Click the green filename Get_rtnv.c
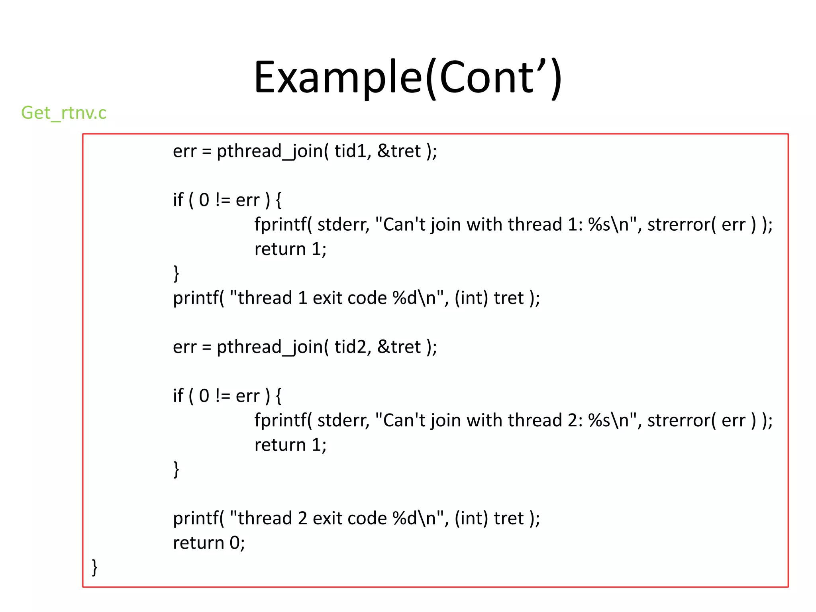point(64,113)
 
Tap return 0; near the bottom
point(209,543)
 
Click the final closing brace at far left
point(95,567)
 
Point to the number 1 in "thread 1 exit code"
point(302,298)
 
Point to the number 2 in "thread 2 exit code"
point(302,518)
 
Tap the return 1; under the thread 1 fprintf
point(290,249)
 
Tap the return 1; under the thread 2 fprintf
point(290,445)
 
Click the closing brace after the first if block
point(176,274)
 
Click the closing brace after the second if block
point(176,469)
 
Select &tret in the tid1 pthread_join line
point(399,151)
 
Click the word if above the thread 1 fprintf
point(178,200)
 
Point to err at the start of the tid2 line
point(184,347)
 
